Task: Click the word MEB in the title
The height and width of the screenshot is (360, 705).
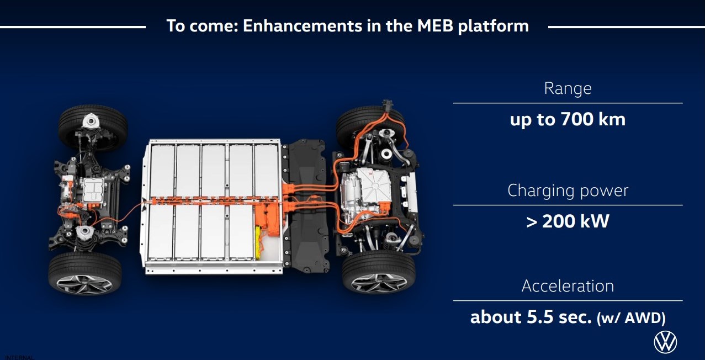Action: point(435,26)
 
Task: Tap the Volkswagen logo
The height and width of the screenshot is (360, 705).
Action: point(665,342)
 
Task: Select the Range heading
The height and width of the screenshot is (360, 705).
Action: point(568,88)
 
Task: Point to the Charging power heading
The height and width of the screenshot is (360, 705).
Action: point(568,190)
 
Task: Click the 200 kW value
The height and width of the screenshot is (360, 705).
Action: point(576,221)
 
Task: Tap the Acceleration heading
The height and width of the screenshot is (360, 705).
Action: point(568,286)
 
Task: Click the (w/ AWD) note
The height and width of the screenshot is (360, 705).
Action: point(631,318)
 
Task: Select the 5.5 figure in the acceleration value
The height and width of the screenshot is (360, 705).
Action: point(540,317)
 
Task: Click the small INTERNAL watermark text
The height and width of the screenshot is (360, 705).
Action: point(19,357)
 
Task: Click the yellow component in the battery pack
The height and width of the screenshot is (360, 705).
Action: point(258,243)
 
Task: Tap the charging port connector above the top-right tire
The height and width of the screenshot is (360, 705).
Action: point(387,105)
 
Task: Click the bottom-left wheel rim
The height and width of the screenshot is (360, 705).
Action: point(84,284)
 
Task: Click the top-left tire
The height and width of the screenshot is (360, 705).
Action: point(93,128)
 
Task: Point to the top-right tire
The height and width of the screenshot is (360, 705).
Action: point(370,126)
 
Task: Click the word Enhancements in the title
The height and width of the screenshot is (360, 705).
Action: point(303,26)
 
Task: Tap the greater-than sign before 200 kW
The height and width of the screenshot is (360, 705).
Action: point(532,222)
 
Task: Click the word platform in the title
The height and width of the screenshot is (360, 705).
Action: point(494,27)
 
